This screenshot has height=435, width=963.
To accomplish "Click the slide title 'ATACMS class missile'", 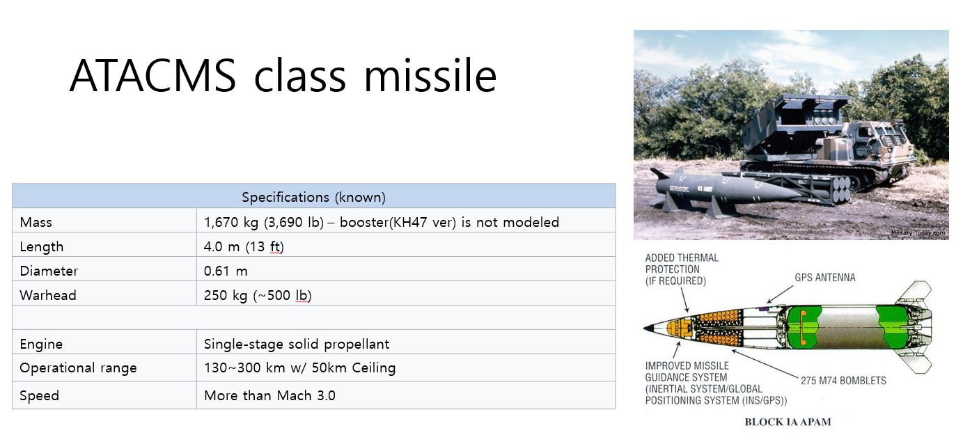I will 283,76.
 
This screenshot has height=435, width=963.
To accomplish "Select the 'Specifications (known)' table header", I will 313,197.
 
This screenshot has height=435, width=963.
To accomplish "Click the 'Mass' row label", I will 36,223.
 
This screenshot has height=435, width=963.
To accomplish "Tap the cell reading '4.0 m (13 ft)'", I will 244,246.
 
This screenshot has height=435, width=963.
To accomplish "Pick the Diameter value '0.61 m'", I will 226,271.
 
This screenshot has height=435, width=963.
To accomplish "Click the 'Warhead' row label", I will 48,295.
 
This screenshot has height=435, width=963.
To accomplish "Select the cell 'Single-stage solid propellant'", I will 297,344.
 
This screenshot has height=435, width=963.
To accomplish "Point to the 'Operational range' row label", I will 78,368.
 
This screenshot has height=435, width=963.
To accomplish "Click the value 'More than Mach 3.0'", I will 269,395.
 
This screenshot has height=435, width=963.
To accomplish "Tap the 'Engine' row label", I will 41,344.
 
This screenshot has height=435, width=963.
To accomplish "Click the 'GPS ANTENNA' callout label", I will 824,278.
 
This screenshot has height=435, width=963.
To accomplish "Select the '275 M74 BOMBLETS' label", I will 843,381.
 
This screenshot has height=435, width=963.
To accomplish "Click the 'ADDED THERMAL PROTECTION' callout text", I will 682,269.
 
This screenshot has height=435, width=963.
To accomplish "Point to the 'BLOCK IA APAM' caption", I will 788,422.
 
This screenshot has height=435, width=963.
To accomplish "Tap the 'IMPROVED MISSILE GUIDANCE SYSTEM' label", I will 703,383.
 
